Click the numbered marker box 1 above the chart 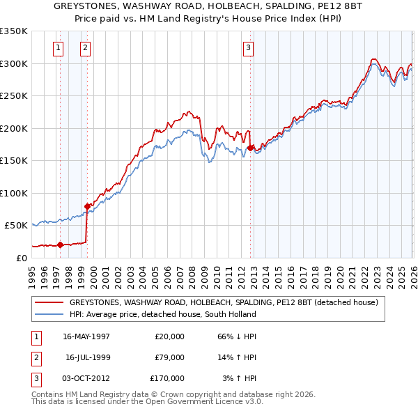tap(57, 48)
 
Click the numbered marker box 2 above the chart tap(84, 48)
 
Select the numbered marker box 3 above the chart tap(248, 48)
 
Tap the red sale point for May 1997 tap(60, 245)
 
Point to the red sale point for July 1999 tap(87, 206)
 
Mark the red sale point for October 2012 tap(250, 148)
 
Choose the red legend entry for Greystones tap(223, 302)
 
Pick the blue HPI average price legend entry tap(162, 314)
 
